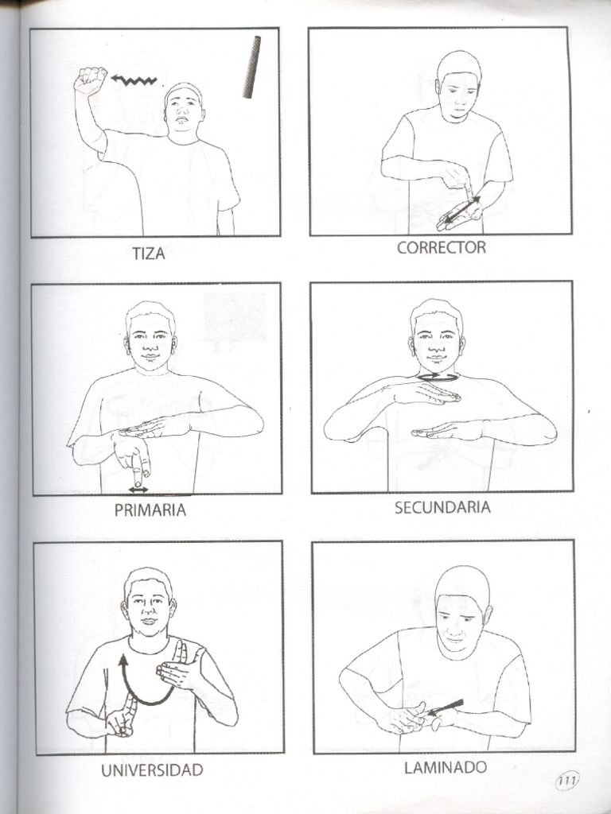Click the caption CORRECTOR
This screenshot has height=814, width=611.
pos(441,247)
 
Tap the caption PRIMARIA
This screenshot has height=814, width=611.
pos(150,510)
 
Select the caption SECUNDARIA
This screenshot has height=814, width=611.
pos(442,507)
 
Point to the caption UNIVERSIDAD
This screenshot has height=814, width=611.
pos(152,769)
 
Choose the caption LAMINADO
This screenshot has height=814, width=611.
pos(445,767)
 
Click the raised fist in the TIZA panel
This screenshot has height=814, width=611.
pos(90,79)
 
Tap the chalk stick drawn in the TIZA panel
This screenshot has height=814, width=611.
pos(252,67)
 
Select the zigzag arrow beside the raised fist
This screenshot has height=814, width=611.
pos(136,80)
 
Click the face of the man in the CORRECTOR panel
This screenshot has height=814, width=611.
pos(459,95)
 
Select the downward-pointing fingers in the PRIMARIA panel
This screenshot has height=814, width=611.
pos(134,458)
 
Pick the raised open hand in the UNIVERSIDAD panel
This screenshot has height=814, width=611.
pos(180,667)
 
